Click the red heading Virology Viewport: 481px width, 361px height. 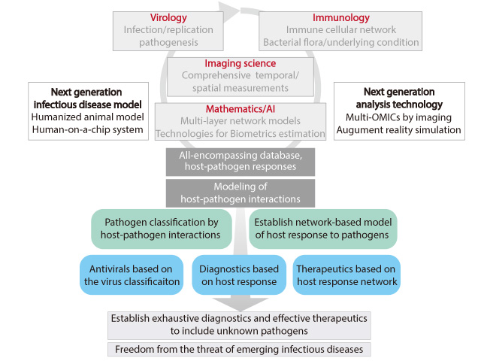(168, 18)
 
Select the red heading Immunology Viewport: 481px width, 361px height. (340, 18)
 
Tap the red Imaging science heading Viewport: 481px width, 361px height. (240, 63)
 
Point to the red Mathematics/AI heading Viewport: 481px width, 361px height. (240, 109)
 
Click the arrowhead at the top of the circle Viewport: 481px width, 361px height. (228, 12)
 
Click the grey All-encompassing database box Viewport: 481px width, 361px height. (240, 162)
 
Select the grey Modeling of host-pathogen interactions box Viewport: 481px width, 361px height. (240, 193)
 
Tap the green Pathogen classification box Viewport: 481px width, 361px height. (162, 229)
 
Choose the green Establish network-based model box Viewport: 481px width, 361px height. (323, 229)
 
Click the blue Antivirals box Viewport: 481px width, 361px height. (132, 275)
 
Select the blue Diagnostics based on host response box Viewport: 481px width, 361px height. (239, 275)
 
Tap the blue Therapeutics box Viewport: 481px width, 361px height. (346, 275)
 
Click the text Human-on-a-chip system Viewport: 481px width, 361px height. (87, 129)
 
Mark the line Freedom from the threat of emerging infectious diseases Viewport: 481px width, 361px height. (239, 349)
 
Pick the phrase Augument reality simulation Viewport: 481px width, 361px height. (398, 130)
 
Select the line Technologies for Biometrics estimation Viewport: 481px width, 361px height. (240, 134)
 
